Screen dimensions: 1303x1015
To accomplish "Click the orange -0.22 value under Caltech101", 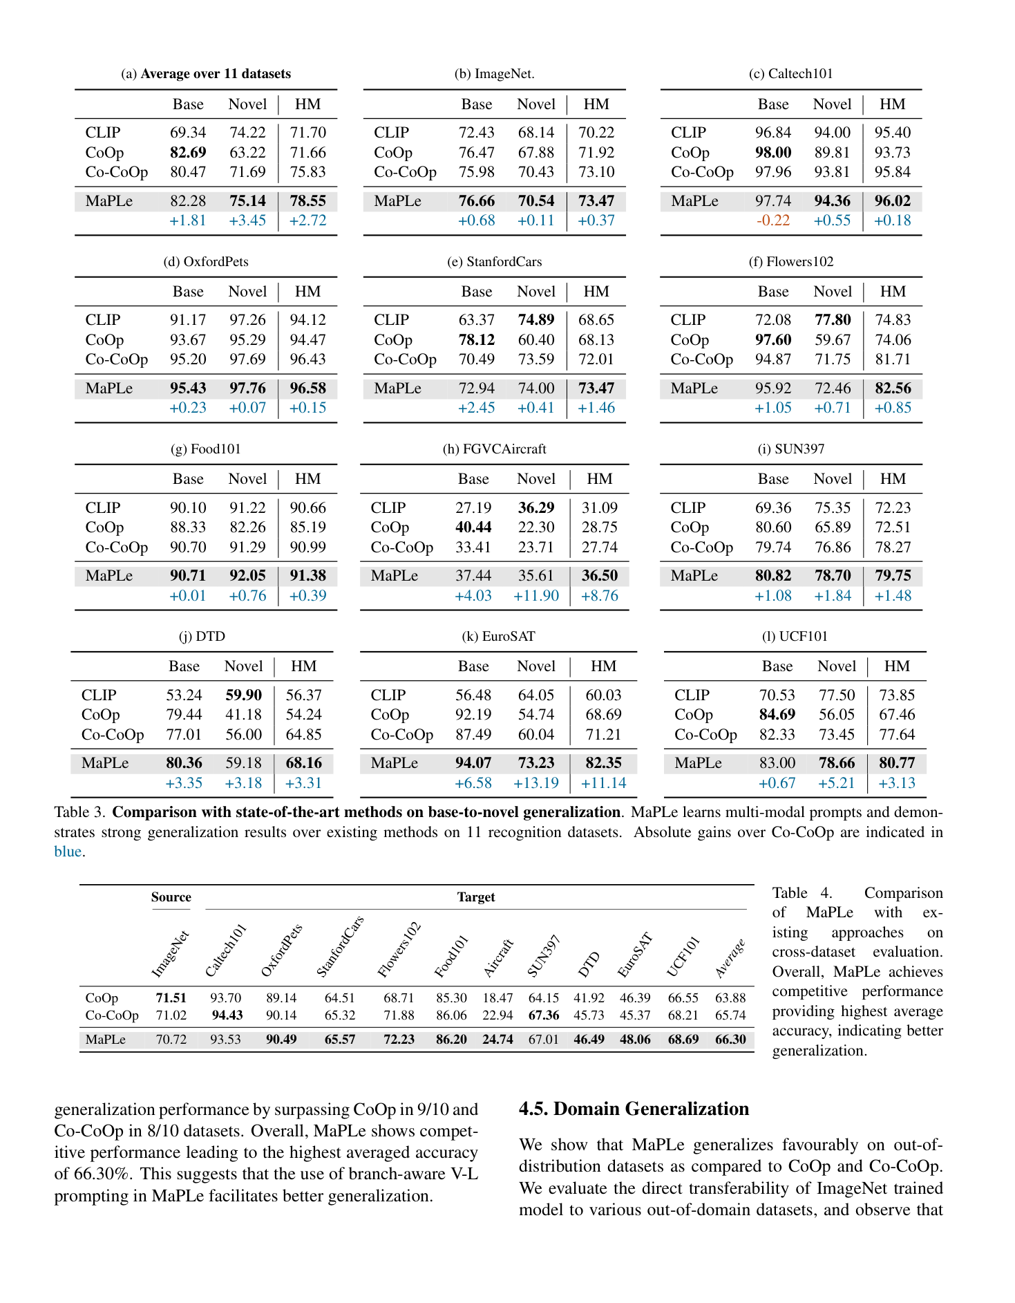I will (x=772, y=221).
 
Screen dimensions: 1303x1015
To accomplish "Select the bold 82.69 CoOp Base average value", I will (x=188, y=152).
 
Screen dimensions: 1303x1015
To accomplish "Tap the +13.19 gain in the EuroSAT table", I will (x=535, y=783).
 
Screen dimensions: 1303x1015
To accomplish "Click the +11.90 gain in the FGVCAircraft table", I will (x=535, y=596).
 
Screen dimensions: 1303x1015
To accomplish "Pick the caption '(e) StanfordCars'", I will (x=494, y=261).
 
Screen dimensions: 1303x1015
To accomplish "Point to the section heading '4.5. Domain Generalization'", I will (x=634, y=1109).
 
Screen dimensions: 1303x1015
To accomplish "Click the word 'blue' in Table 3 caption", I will (x=68, y=852).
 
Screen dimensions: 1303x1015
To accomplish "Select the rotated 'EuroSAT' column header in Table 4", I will (x=634, y=955).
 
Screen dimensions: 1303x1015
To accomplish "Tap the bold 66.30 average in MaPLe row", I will (x=730, y=1040).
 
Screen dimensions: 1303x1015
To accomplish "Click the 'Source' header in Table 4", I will (x=171, y=897).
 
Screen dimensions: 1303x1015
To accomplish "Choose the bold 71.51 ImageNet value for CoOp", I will (x=171, y=997).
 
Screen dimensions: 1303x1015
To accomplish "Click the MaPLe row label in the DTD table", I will (x=105, y=763).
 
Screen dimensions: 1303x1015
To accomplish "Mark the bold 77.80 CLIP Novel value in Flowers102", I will (x=833, y=320).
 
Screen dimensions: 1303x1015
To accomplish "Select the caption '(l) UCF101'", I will (x=795, y=637).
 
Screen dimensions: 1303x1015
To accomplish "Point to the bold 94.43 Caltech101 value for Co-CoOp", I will (x=227, y=1015).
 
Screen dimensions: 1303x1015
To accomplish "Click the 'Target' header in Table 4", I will (x=476, y=897).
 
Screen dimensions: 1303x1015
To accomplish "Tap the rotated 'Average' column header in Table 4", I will (x=730, y=958).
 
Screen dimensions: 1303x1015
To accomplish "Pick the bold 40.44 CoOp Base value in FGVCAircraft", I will (x=473, y=527).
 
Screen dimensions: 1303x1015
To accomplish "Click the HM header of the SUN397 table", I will (x=893, y=479).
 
